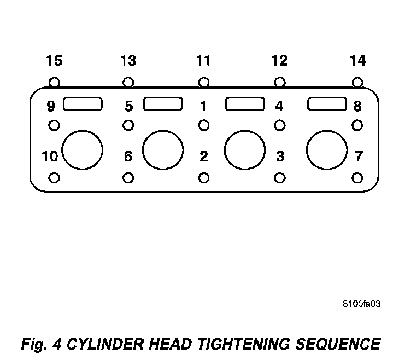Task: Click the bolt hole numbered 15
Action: pos(54,83)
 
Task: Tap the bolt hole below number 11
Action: pos(203,83)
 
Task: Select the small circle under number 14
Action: pos(357,83)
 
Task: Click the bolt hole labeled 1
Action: pos(203,125)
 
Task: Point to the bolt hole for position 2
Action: pos(203,178)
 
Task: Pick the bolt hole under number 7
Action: pos(357,178)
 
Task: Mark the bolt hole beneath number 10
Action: pos(54,178)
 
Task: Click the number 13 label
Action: pos(128,60)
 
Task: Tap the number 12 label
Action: pos(279,60)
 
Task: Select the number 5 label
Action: pos(128,106)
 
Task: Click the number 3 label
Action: pos(279,157)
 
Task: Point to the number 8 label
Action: pos(357,106)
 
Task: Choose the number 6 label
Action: pos(128,157)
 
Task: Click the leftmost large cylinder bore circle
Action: pos(83,150)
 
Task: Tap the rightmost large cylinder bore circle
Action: pos(327,150)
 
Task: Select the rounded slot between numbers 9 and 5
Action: pos(83,103)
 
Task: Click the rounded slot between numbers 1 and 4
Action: pos(245,103)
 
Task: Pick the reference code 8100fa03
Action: pos(362,304)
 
